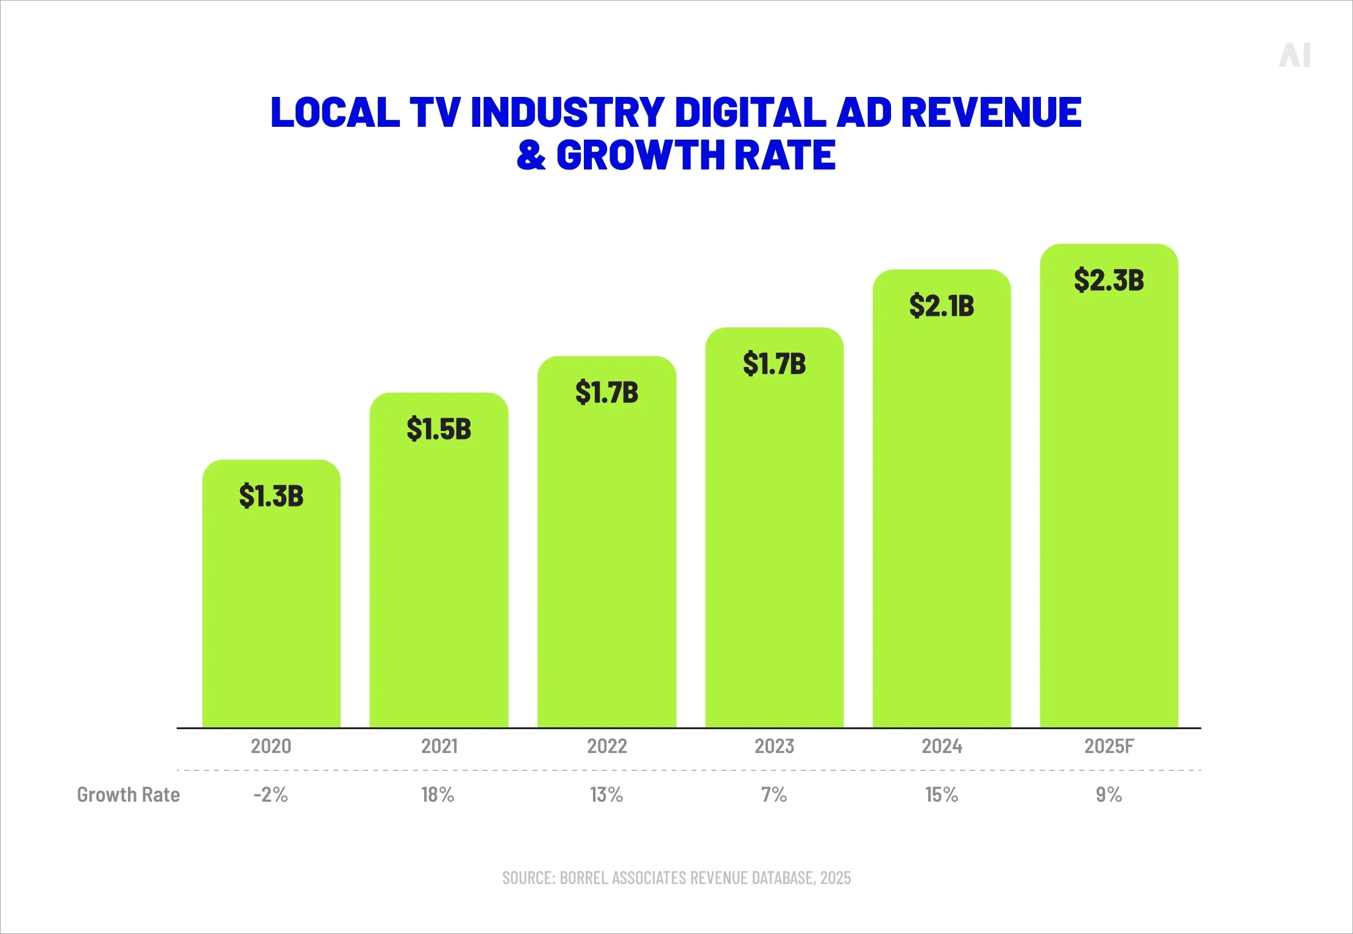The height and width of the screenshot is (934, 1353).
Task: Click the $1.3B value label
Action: point(271,496)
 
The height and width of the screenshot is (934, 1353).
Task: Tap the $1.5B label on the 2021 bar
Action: point(439,429)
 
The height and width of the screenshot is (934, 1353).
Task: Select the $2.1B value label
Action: point(942,305)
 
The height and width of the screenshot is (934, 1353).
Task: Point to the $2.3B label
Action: point(1109,280)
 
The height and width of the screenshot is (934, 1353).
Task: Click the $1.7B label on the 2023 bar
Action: point(774,363)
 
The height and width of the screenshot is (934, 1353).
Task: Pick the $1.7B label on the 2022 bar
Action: point(606,392)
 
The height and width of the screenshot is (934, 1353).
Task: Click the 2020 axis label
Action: point(271,746)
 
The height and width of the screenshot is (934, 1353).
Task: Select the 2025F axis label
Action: point(1109,746)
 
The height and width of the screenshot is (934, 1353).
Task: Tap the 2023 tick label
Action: point(774,746)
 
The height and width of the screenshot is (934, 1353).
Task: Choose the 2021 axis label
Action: point(439,746)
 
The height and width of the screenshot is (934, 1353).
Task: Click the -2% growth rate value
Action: point(271,795)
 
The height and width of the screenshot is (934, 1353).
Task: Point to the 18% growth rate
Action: point(438,795)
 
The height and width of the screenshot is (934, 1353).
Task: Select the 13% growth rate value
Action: point(606,795)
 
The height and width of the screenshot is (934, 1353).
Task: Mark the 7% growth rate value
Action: point(773,795)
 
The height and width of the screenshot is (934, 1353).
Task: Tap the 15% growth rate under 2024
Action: point(942,795)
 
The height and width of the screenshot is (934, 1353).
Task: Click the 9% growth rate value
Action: point(1109,795)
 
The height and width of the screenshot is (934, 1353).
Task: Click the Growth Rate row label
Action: point(128,795)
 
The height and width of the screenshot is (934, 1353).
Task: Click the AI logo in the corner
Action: point(1294,55)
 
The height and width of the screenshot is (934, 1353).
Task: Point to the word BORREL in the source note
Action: point(584,878)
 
